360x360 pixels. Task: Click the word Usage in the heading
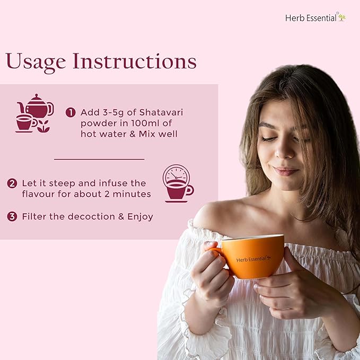tap(36, 62)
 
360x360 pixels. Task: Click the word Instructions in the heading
tap(135, 61)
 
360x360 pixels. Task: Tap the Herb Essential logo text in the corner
tap(311, 18)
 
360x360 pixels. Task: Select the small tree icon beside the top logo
tap(341, 17)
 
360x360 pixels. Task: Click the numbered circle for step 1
tap(71, 112)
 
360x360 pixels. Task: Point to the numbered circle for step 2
tap(12, 183)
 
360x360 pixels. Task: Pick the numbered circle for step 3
tap(12, 216)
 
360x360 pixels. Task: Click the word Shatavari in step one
tap(161, 112)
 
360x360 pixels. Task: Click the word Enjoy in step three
tap(141, 217)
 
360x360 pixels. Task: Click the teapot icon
tap(36, 106)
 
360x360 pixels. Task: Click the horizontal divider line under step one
tap(99, 159)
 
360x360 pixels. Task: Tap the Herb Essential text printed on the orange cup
tap(253, 259)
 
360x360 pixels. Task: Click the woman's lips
tap(286, 171)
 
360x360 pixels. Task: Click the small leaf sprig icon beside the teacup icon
tap(43, 126)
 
